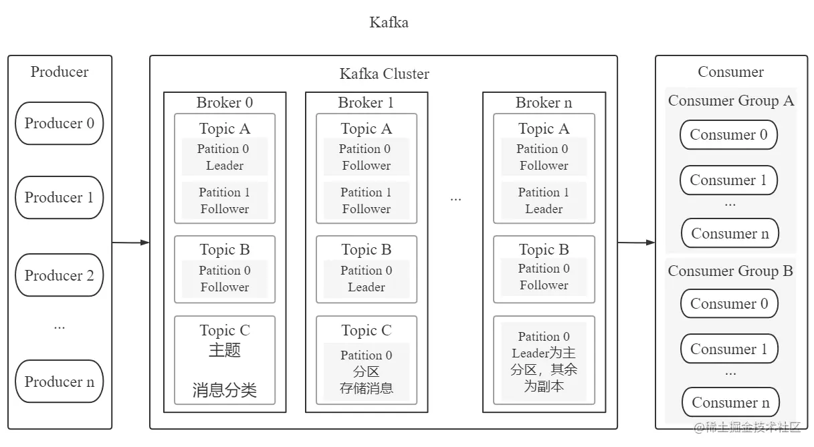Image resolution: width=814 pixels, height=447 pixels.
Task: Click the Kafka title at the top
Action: point(389,22)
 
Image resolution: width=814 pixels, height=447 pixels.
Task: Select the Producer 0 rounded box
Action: point(60,123)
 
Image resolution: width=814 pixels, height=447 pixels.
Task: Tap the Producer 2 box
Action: point(60,275)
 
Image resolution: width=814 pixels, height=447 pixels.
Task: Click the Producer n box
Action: point(60,382)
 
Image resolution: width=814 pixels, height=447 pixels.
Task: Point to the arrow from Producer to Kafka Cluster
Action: point(130,243)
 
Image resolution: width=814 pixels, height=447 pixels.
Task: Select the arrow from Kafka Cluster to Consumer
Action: point(636,243)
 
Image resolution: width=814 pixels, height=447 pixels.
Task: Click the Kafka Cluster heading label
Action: point(384,73)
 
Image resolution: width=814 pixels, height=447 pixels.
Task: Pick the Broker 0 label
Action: point(225,102)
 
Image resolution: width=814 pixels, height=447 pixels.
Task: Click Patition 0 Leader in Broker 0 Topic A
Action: point(225,157)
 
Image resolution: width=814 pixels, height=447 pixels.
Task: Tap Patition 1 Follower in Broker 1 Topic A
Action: point(366,200)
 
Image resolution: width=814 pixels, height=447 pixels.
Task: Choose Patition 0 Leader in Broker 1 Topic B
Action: point(366,279)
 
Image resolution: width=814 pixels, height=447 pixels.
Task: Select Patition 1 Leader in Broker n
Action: point(544,200)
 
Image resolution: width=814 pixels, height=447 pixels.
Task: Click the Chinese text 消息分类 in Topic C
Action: point(225,390)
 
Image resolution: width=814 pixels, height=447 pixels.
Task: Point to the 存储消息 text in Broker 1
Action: point(366,388)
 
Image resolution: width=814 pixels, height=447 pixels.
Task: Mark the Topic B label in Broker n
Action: point(544,249)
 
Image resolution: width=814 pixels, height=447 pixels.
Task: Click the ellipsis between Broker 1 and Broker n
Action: point(455,198)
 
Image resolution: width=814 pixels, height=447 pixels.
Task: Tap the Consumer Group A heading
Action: point(730,101)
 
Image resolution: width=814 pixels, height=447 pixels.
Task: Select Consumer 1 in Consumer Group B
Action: point(729,349)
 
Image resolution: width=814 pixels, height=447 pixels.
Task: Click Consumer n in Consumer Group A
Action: point(730,233)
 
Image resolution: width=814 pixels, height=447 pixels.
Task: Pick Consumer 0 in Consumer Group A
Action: point(728,134)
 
